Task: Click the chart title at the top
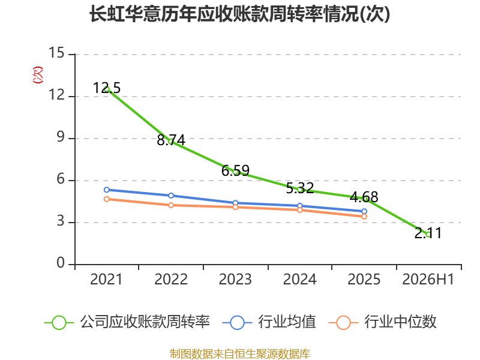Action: (x=239, y=14)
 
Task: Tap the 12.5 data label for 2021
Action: (x=107, y=88)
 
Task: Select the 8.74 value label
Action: (x=171, y=140)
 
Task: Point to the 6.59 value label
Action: (x=235, y=170)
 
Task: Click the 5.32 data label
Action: (x=299, y=188)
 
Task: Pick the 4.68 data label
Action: (x=364, y=197)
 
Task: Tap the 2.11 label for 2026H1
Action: (x=428, y=233)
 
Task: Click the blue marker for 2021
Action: (x=107, y=190)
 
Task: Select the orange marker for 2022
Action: (x=171, y=205)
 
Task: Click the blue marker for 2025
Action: (x=364, y=211)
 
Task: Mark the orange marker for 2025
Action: (x=364, y=217)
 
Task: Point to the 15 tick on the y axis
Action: (x=56, y=53)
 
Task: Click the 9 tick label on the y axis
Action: (x=61, y=137)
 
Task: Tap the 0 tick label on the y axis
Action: (x=61, y=263)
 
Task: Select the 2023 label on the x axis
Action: (x=235, y=279)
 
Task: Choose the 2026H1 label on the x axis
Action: (x=428, y=279)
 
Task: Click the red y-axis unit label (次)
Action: (x=38, y=75)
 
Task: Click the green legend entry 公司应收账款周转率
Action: (x=127, y=322)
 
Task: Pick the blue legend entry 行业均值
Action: (x=269, y=322)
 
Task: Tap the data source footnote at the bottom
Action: (x=239, y=354)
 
